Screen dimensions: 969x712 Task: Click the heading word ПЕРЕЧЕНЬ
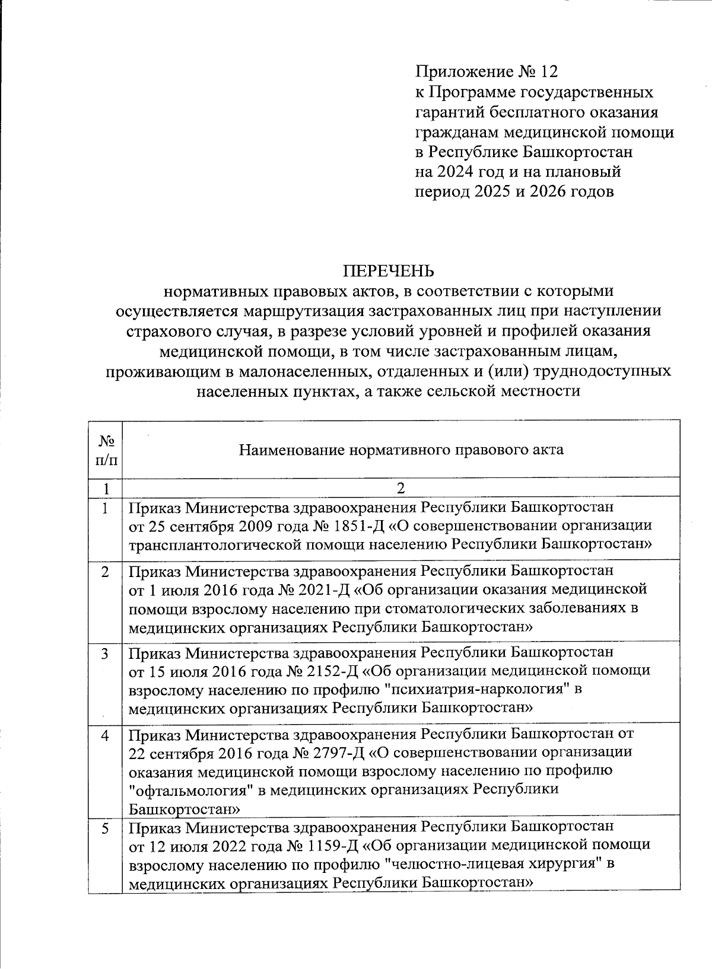tap(388, 271)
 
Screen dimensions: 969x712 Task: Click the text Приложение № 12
tap(487, 72)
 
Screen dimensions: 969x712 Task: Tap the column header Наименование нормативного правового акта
tap(401, 450)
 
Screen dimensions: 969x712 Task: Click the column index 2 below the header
tap(401, 489)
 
